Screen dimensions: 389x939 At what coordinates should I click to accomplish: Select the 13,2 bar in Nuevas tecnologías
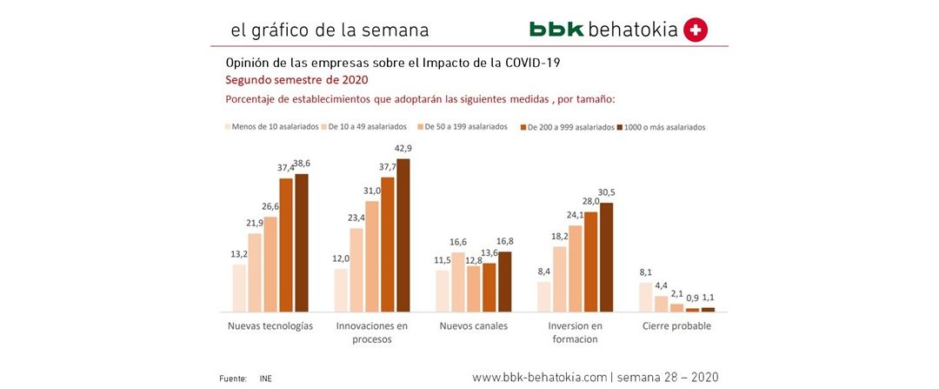pos(239,287)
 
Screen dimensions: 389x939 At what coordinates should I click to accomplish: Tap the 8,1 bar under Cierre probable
pos(646,297)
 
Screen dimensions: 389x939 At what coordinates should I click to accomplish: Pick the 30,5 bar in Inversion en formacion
pos(607,257)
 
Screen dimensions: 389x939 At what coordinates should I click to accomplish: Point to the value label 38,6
pos(302,164)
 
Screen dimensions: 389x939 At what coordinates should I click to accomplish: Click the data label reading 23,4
pos(356,218)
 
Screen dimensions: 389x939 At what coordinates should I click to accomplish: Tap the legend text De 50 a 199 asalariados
pos(465,126)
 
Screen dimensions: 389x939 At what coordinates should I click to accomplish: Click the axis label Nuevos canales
pos(473,326)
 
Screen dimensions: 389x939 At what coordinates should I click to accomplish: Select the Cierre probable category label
pos(677,326)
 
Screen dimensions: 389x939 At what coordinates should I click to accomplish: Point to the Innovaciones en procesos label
pos(372,332)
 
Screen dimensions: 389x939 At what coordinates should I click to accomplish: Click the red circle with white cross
pos(696,30)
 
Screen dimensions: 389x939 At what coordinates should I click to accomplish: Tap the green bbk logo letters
pos(556,30)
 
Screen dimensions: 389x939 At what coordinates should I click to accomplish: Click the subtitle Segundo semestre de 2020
pos(283,79)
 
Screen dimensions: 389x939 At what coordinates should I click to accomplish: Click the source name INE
pos(265,379)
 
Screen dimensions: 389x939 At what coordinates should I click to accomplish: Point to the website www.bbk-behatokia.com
pos(538,378)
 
